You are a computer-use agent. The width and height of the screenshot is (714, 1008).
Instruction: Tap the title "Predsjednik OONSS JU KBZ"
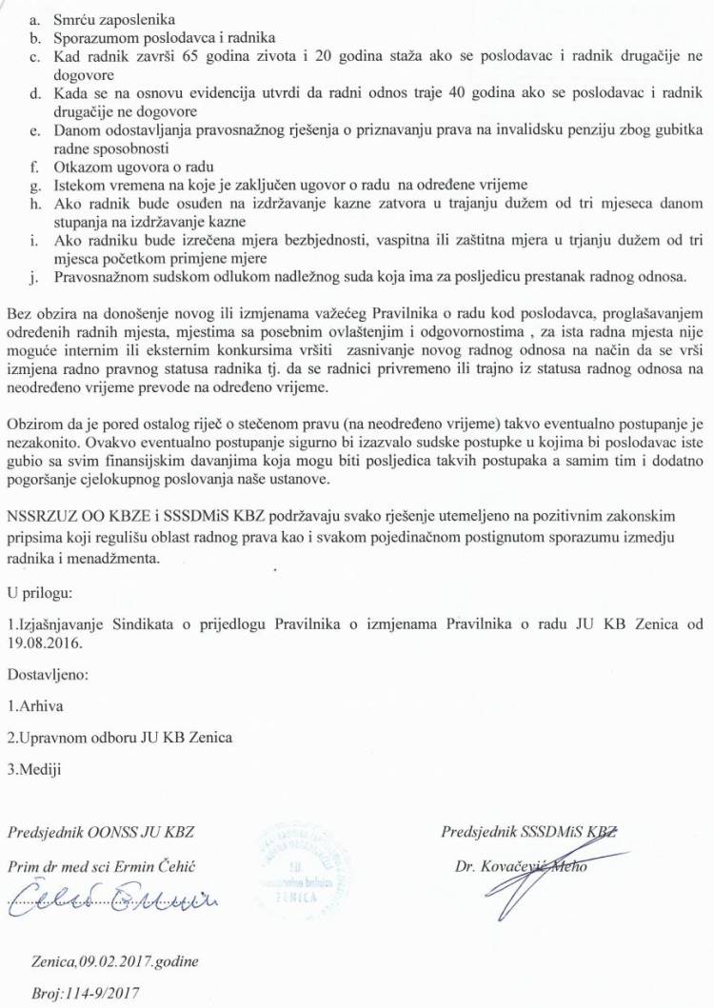coord(101,832)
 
